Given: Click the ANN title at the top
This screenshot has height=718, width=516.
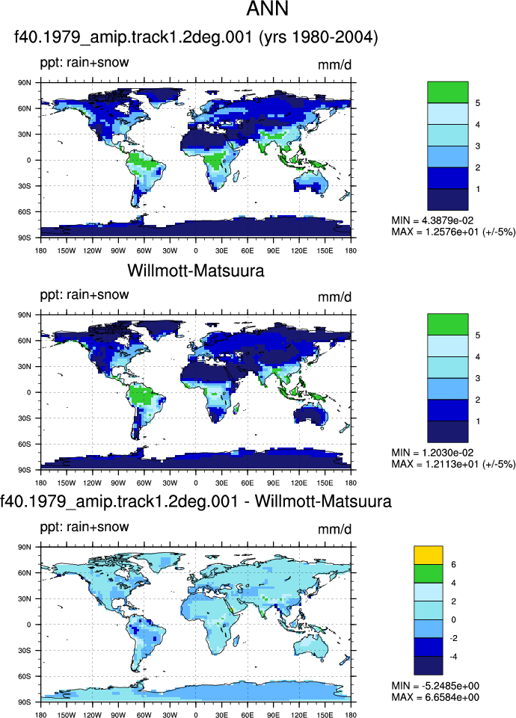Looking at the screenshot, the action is [267, 9].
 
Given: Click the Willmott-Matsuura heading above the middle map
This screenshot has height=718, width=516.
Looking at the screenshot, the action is [196, 270].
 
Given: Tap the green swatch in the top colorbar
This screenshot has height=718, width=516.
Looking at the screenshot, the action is [448, 92].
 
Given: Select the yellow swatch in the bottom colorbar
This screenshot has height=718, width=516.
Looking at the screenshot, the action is [428, 555].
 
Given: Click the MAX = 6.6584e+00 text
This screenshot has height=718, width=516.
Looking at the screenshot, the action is [435, 697].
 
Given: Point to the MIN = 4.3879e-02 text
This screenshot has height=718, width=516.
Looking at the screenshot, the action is [432, 220].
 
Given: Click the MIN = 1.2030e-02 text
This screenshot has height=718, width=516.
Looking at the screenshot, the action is [432, 453].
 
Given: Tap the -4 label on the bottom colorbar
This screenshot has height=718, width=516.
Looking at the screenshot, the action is [453, 657].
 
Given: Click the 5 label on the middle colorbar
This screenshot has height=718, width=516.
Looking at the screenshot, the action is [478, 335].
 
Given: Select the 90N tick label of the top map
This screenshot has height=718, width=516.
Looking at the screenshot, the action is [25, 83].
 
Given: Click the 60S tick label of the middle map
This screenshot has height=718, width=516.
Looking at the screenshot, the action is [25, 444].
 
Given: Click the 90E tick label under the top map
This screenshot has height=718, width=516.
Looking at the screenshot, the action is [273, 250].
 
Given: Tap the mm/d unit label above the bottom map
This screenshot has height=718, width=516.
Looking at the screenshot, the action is [334, 529].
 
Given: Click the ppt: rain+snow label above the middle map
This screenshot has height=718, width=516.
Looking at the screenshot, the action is [85, 294].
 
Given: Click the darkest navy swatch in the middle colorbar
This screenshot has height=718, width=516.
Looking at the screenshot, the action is [448, 432].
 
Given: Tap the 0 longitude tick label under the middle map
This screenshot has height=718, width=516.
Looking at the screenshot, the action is [196, 483].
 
